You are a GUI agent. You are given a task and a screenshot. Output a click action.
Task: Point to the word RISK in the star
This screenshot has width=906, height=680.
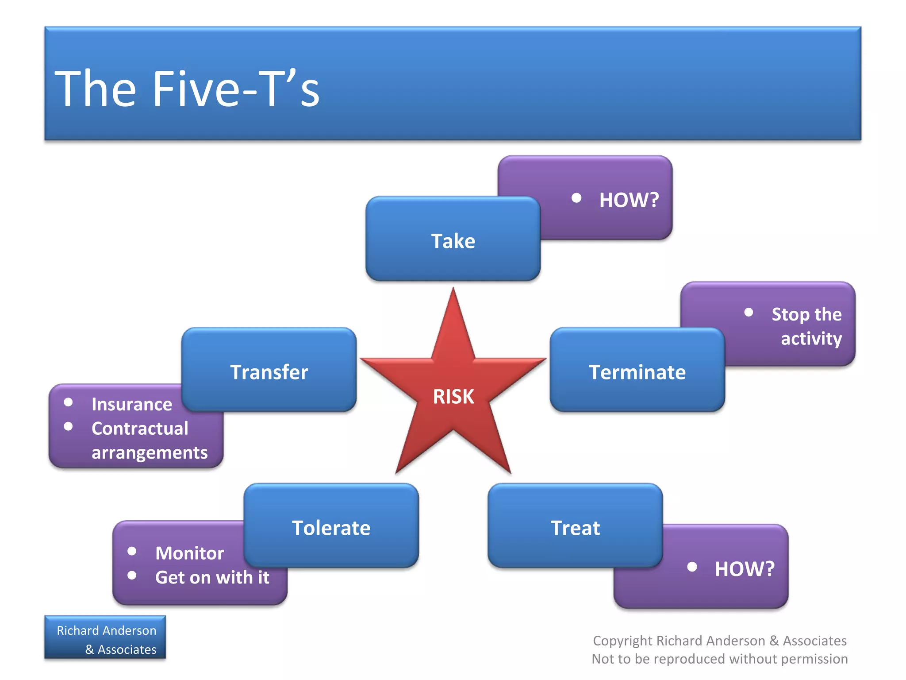(453, 396)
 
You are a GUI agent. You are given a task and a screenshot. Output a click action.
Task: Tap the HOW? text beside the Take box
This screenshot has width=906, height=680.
(629, 200)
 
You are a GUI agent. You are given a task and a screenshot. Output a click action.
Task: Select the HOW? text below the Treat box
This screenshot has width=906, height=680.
(745, 569)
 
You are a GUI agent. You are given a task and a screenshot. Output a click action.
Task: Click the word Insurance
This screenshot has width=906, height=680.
(132, 404)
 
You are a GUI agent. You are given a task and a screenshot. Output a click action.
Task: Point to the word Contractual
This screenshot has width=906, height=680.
(140, 429)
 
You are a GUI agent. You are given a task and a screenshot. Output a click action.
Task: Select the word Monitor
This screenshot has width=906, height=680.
(189, 553)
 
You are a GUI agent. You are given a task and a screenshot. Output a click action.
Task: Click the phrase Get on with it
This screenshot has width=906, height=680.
(212, 577)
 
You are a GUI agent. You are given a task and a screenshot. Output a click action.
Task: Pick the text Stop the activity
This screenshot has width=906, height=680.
(807, 326)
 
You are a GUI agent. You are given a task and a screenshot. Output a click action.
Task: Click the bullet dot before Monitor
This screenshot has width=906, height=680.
(132, 551)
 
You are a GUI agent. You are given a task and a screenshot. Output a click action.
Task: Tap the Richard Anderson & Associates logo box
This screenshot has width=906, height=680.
(105, 637)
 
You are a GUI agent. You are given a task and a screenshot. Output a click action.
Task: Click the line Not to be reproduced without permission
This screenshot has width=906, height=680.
(720, 659)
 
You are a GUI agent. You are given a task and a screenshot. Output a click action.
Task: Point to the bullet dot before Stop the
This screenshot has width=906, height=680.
(749, 312)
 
